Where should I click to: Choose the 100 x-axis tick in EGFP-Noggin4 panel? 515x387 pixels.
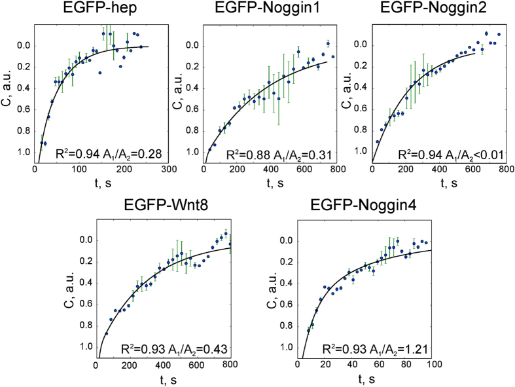[431, 365]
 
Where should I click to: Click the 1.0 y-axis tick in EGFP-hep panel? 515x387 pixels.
[24, 152]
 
